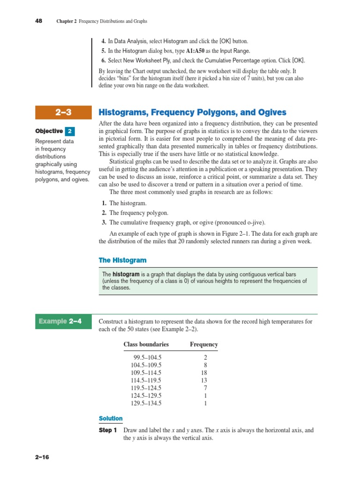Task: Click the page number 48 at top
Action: (39, 21)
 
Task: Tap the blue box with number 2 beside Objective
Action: (69, 131)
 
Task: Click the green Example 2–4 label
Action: (60, 322)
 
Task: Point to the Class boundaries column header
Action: (146, 344)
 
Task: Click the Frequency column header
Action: (203, 344)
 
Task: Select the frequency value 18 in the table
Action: (203, 373)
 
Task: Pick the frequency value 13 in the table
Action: (203, 380)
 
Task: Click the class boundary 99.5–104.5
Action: (147, 357)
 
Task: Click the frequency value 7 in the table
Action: (205, 388)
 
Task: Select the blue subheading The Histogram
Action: (122, 260)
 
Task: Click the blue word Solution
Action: (111, 419)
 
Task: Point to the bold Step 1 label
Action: (108, 430)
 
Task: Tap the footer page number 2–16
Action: (41, 457)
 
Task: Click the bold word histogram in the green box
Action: (126, 274)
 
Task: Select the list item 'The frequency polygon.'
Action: (138, 213)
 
